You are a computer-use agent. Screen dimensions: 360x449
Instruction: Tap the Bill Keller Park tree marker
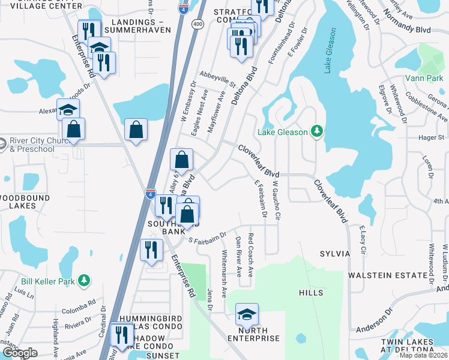click(85, 280)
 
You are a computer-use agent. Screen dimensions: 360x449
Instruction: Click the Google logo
click(19, 353)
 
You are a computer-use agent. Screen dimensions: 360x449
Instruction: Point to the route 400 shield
click(197, 23)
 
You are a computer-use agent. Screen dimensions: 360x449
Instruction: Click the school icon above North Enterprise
click(246, 314)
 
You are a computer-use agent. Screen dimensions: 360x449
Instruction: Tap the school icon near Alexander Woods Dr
click(68, 109)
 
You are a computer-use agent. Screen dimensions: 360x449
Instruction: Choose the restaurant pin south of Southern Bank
click(151, 248)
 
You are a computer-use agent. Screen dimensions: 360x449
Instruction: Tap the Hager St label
click(430, 138)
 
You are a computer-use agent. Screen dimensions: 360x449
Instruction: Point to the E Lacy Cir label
click(362, 239)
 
